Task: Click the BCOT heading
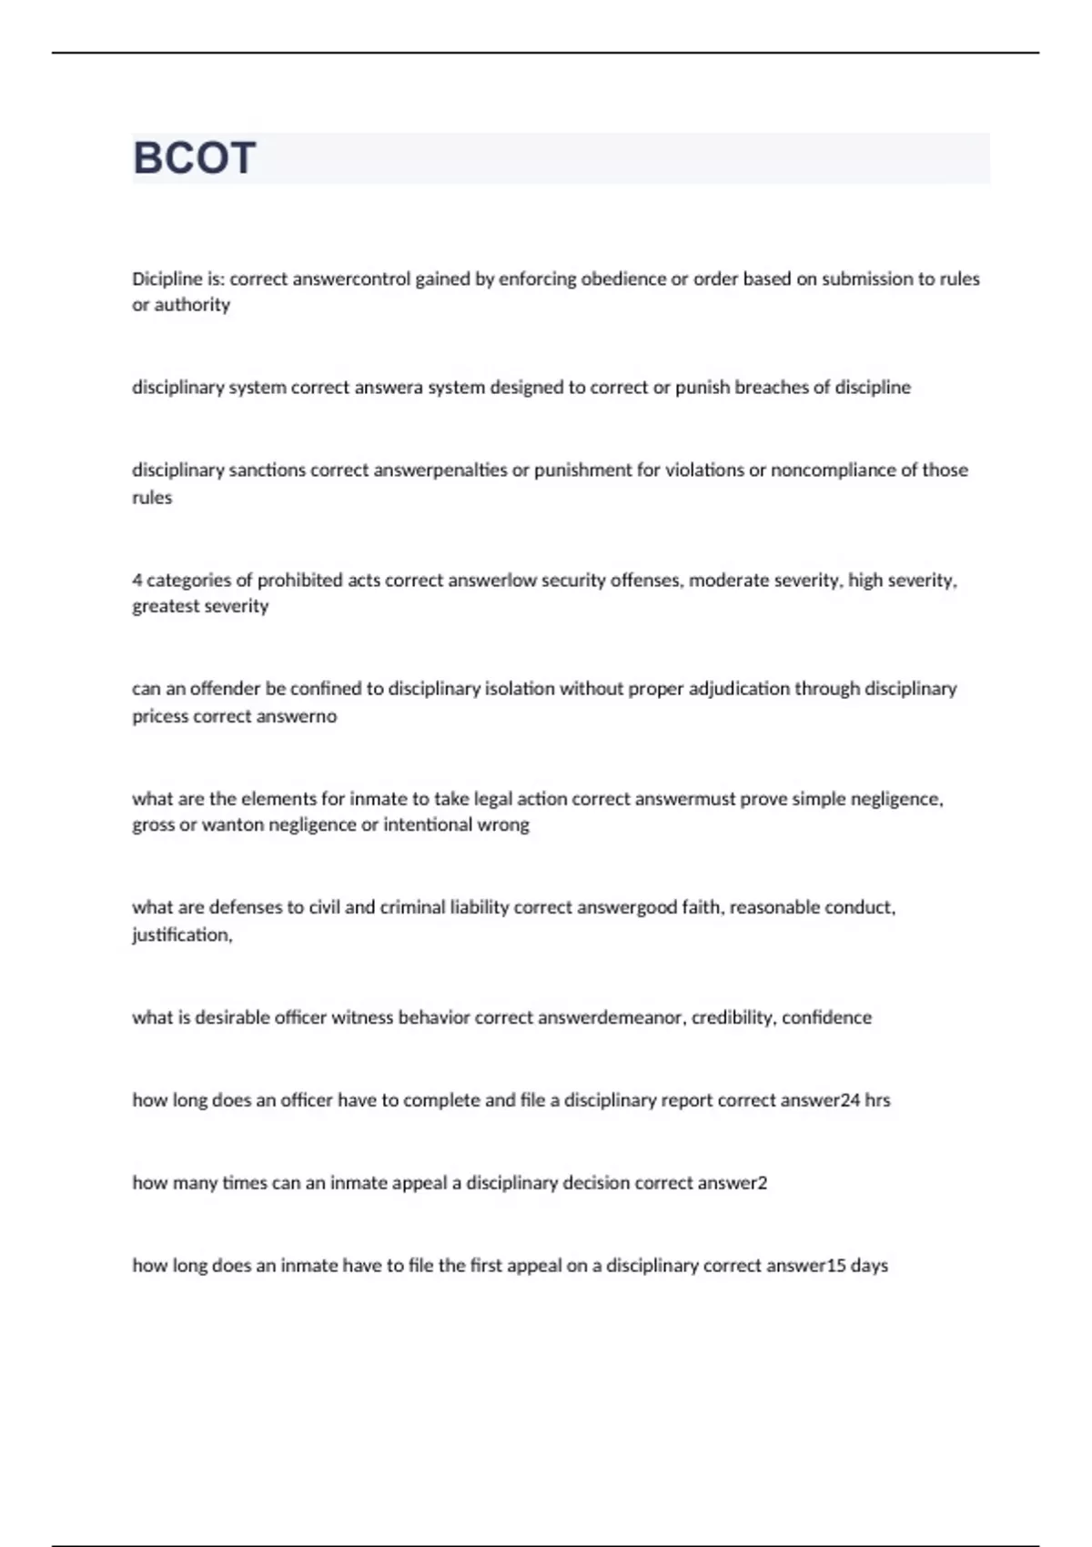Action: click(x=194, y=158)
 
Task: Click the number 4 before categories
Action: click(x=136, y=581)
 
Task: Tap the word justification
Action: click(x=180, y=935)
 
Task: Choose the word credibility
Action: click(x=732, y=1017)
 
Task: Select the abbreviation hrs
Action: click(x=877, y=1100)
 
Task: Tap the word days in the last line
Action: click(x=869, y=1266)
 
